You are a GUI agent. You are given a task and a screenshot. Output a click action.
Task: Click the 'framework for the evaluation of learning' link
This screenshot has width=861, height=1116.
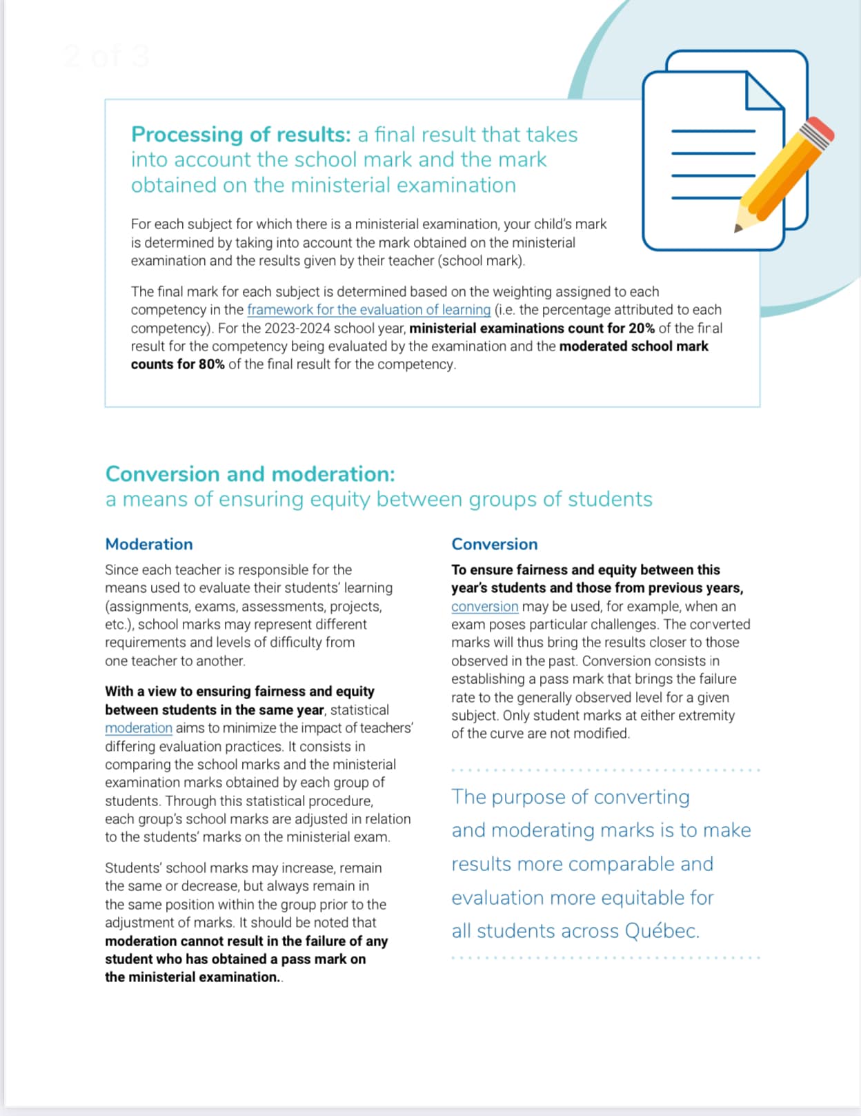click(x=368, y=310)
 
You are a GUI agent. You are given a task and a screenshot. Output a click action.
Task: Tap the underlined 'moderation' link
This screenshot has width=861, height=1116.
click(x=138, y=728)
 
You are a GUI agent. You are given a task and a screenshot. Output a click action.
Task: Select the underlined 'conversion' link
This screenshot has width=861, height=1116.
click(x=484, y=607)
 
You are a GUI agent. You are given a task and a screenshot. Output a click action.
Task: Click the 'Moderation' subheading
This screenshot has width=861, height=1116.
click(x=149, y=544)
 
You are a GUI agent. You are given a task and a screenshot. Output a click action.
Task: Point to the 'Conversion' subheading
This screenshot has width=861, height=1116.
click(x=494, y=544)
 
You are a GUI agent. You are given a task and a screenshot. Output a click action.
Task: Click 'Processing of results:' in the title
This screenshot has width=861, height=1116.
click(x=241, y=134)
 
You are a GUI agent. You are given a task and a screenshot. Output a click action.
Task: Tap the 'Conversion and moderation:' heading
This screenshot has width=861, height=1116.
click(x=250, y=474)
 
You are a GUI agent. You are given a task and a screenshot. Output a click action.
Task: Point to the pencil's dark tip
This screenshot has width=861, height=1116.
click(x=738, y=228)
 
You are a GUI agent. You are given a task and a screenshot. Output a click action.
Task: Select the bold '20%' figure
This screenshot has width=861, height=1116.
click(x=641, y=329)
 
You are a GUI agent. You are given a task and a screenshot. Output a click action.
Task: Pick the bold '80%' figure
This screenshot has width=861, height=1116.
click(x=211, y=364)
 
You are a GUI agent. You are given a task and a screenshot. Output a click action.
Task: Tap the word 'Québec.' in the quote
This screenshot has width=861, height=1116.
click(x=662, y=931)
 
